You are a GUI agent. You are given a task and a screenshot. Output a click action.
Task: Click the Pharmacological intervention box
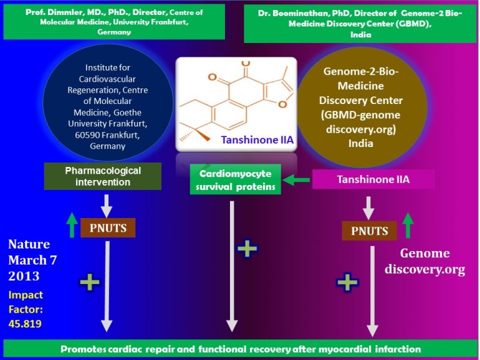[103, 176]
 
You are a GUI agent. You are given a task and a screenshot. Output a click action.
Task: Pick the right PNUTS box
[370, 231]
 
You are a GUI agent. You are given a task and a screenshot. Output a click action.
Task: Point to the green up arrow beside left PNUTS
[72, 225]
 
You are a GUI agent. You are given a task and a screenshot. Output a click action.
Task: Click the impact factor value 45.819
[25, 323]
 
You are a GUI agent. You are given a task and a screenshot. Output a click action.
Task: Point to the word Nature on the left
[29, 244]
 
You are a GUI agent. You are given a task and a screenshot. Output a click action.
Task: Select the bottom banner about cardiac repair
[240, 349]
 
